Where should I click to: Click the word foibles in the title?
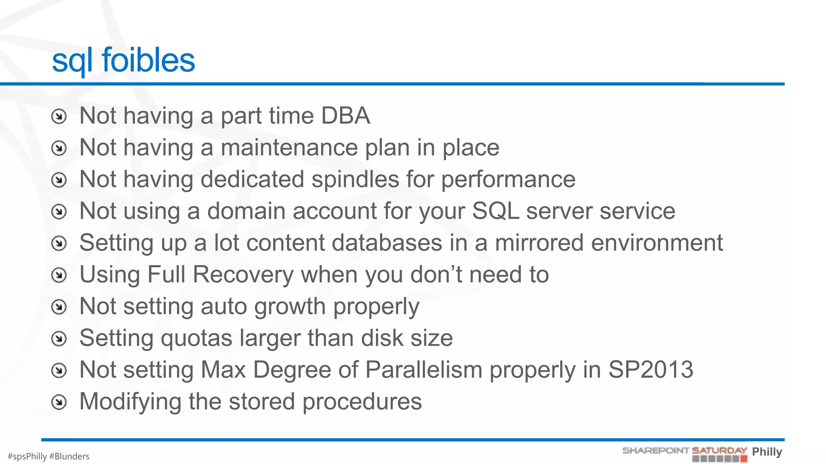point(148,60)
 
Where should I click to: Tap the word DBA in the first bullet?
point(345,116)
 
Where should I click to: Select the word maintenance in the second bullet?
point(289,147)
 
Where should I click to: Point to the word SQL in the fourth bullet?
point(495,211)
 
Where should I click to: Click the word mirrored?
point(539,243)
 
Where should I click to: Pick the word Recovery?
point(243,275)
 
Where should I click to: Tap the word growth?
point(290,307)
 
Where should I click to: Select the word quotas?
point(196,338)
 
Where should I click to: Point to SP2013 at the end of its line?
point(651,370)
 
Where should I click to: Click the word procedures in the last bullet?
point(362,402)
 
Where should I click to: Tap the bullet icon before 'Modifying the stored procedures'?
point(59,402)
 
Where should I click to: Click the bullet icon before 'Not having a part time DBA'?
point(59,116)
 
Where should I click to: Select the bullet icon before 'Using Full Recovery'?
point(59,275)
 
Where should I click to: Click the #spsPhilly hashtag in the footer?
point(27,456)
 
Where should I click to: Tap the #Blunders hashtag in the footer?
point(69,456)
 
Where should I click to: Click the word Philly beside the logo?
point(767,452)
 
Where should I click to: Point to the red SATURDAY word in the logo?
point(719,450)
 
